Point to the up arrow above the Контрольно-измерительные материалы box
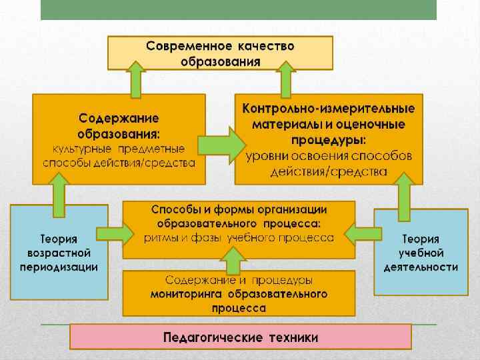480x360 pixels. coord(287,79)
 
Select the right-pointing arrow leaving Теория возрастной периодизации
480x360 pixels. coord(115,234)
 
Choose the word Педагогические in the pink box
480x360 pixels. coord(203,337)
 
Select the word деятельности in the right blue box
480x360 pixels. coord(421,267)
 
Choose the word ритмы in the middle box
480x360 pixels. coord(160,238)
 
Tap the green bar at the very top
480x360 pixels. coord(239,9)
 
